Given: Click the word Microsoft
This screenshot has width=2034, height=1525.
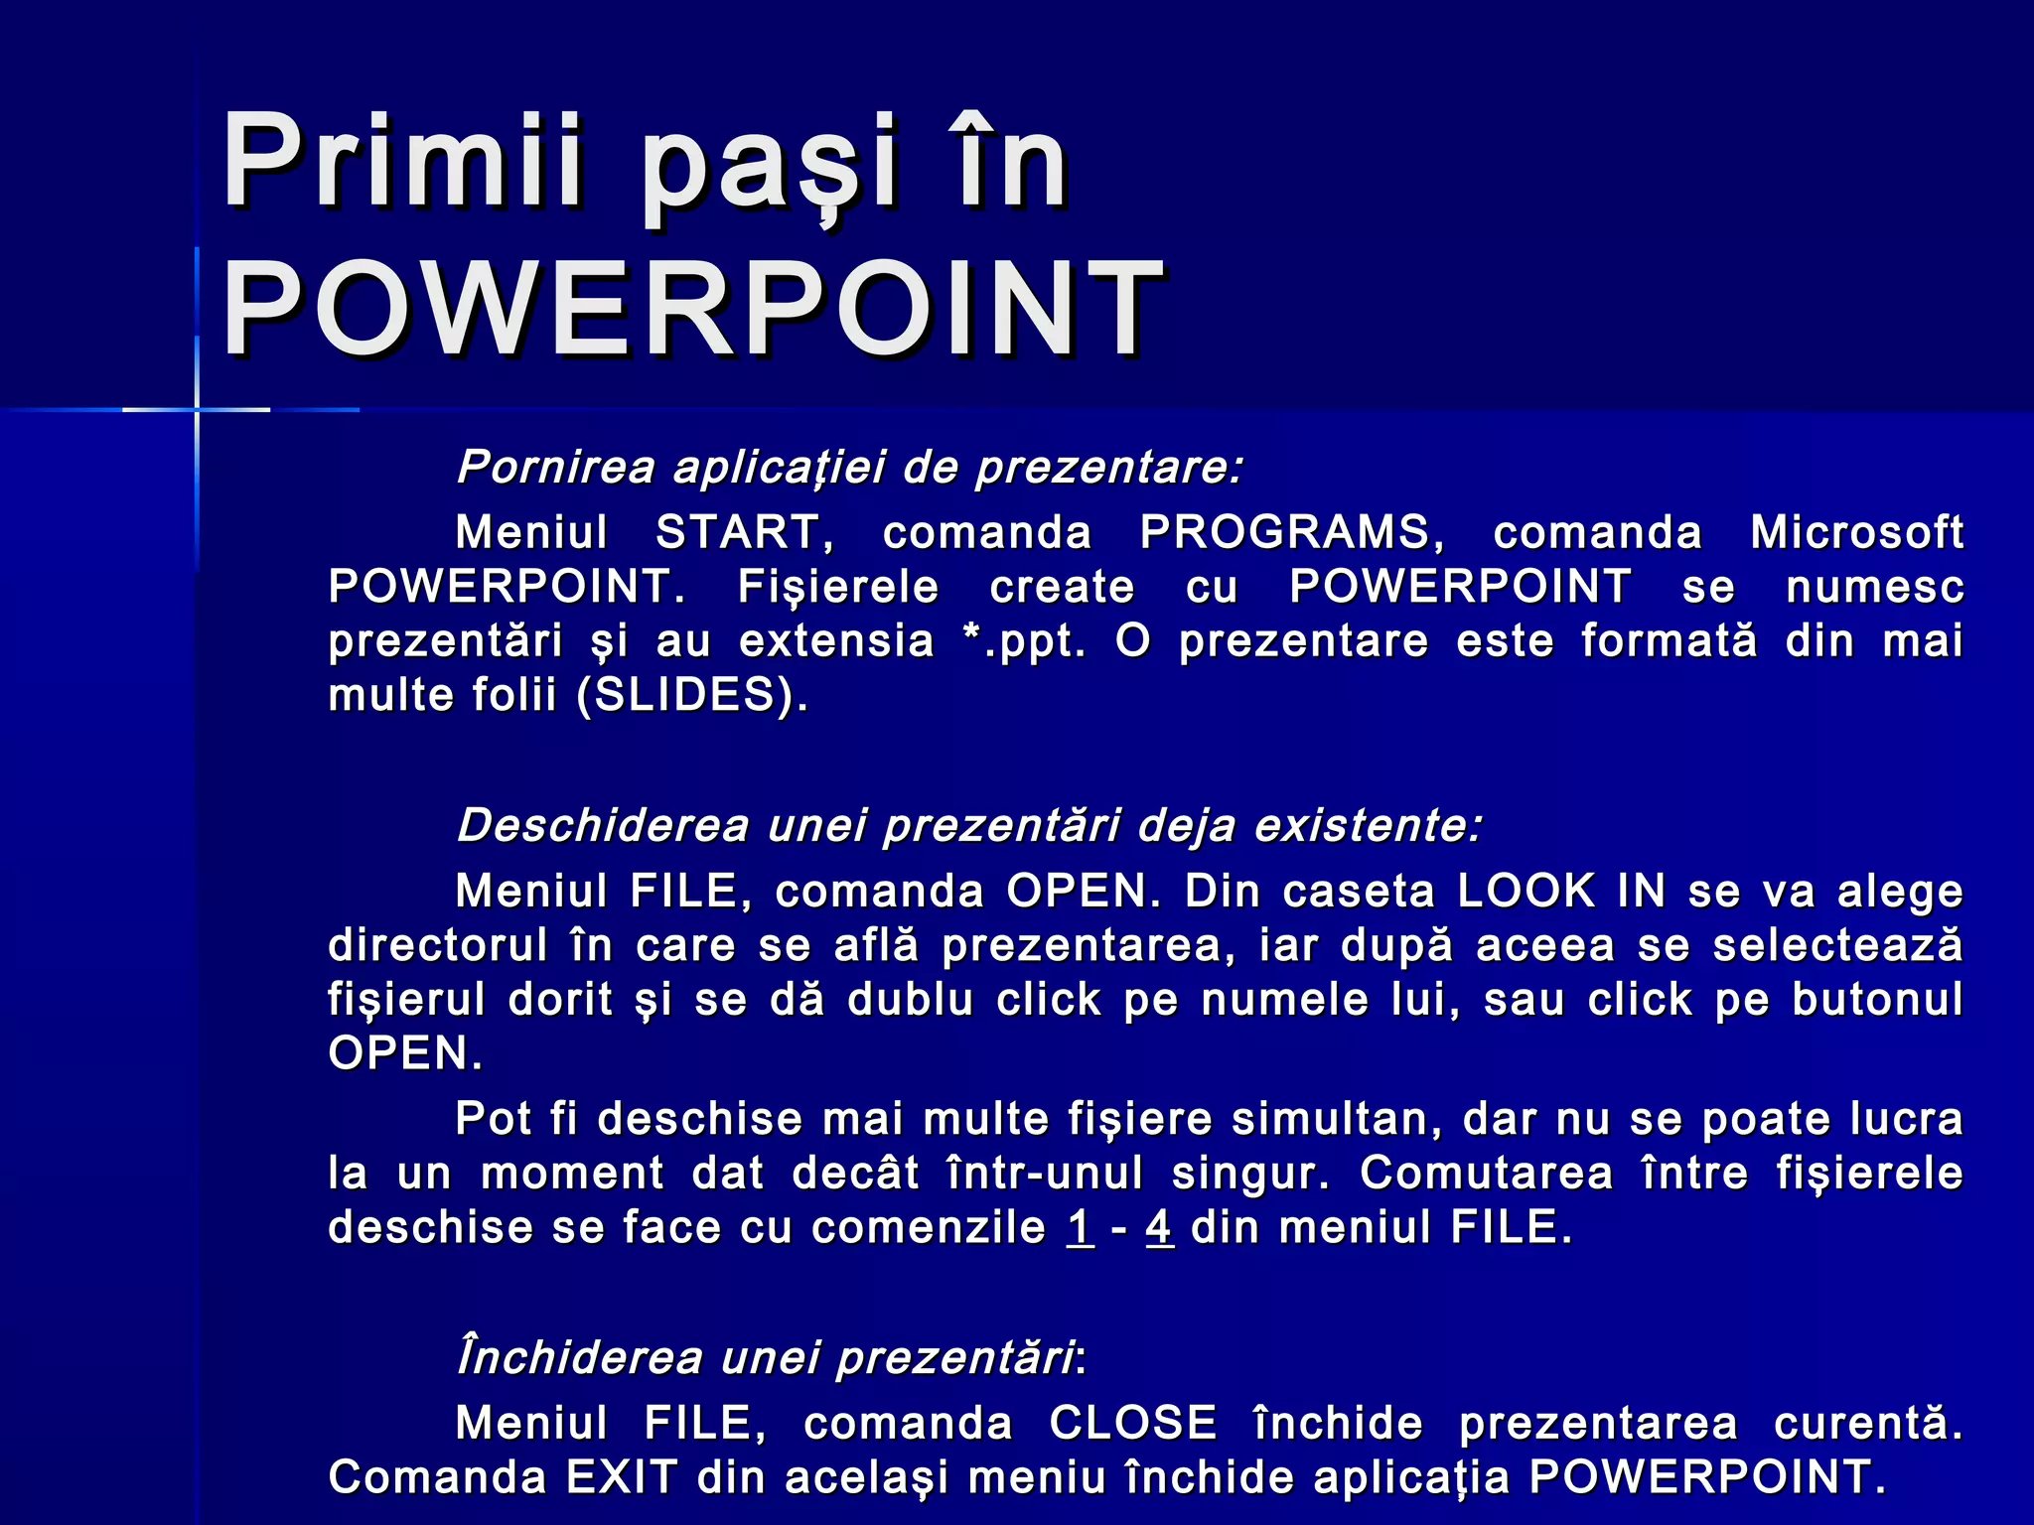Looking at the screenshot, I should pos(1856,532).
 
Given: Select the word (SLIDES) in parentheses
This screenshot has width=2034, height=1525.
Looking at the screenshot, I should pos(692,695).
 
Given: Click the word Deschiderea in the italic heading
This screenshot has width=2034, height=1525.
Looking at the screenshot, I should pos(603,825).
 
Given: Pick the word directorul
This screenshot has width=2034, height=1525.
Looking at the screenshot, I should pos(438,945).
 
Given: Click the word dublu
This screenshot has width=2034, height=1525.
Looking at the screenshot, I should pos(910,1000).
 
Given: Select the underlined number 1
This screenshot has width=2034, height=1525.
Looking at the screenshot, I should pos(1081,1227).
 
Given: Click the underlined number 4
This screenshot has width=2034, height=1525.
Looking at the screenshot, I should pos(1159,1227).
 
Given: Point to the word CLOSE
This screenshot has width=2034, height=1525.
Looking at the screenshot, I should pos(1133,1423).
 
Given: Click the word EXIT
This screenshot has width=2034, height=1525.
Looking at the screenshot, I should pos(622,1477).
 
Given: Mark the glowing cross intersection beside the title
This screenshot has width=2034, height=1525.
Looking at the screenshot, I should pos(197,409).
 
